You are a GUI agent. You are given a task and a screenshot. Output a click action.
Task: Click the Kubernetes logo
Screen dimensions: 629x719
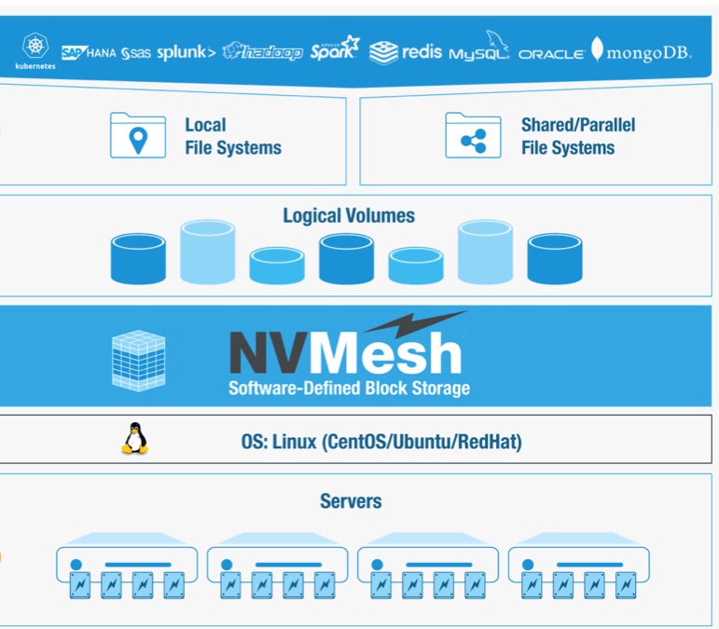35,50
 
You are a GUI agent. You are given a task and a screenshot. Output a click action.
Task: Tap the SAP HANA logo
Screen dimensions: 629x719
89,53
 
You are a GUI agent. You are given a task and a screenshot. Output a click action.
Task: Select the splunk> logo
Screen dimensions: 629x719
186,52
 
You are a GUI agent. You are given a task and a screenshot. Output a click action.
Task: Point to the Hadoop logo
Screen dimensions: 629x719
263,52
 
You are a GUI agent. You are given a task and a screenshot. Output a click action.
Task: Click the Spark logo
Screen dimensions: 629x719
335,50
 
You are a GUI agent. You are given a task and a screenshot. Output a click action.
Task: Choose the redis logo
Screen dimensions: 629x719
406,51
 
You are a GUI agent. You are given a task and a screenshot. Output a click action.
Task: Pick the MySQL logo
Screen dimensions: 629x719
478,50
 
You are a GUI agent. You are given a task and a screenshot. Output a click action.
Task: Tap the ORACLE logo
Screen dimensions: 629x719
551,54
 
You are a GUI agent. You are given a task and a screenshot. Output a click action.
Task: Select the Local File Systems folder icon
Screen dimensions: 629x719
138,135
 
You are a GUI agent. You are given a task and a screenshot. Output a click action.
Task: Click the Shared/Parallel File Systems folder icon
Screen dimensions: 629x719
473,135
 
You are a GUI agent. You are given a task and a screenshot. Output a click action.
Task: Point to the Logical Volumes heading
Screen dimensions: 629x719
349,215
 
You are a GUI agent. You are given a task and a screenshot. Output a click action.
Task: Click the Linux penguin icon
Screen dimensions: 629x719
135,438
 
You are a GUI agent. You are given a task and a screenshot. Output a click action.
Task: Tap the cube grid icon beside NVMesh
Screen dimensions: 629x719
138,360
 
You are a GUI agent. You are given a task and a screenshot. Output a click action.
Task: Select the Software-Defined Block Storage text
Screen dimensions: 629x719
349,388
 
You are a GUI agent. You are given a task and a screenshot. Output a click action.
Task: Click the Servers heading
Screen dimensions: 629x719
351,501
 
